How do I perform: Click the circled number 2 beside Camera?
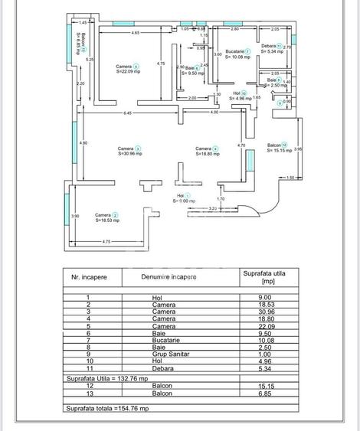(115, 215)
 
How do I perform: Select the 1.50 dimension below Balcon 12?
(290, 178)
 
